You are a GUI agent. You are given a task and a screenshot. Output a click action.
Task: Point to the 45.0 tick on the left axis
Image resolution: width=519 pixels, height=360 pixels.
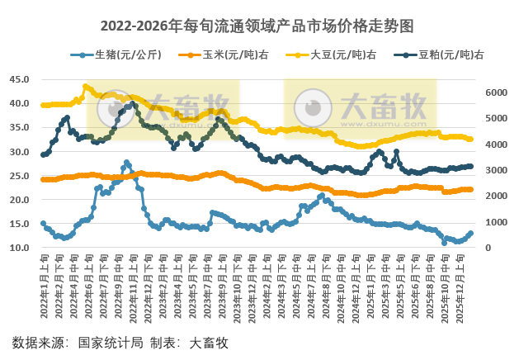(19, 80)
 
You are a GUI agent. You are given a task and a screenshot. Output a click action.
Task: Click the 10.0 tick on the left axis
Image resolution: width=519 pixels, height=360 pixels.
(19, 248)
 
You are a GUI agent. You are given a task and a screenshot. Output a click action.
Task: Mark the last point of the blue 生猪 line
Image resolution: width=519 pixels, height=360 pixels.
(471, 234)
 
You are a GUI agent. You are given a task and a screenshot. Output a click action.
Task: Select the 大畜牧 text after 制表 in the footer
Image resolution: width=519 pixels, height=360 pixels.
(209, 342)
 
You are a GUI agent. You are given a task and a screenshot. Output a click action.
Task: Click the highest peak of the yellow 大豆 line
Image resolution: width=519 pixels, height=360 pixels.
(86, 86)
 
